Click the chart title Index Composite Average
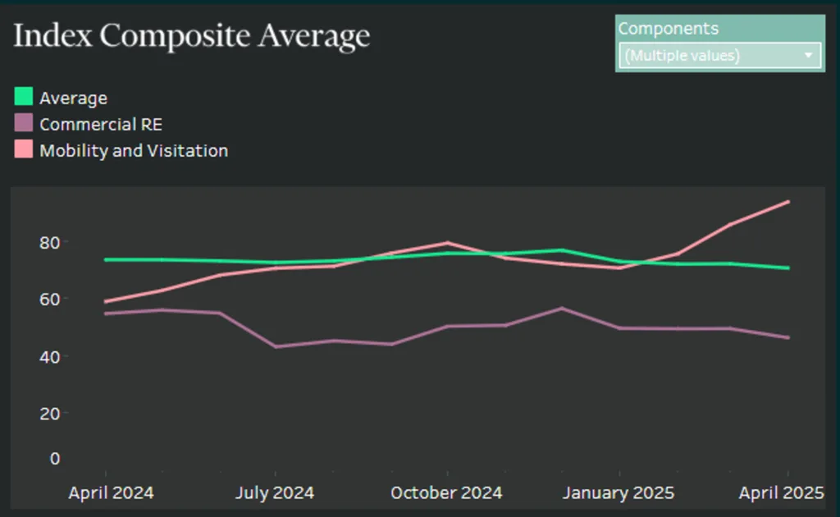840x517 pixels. [191, 37]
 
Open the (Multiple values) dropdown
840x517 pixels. [719, 56]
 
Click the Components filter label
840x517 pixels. [668, 29]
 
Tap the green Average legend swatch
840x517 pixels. [24, 98]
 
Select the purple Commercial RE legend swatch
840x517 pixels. [24, 124]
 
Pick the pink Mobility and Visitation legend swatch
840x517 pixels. [24, 150]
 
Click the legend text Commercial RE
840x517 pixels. [101, 125]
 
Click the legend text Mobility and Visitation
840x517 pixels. [134, 151]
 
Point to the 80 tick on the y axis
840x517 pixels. [50, 242]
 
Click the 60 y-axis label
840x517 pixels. [50, 299]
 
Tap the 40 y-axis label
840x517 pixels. [50, 356]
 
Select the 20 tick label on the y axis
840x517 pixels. [50, 413]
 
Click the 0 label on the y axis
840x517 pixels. [55, 458]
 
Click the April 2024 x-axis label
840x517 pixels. [111, 493]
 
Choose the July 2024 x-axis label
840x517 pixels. [275, 493]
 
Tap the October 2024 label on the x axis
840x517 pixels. [446, 493]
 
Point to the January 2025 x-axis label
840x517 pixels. [619, 493]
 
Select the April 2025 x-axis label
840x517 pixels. [781, 493]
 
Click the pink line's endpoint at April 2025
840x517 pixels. [788, 202]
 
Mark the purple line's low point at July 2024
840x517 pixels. [276, 346]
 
